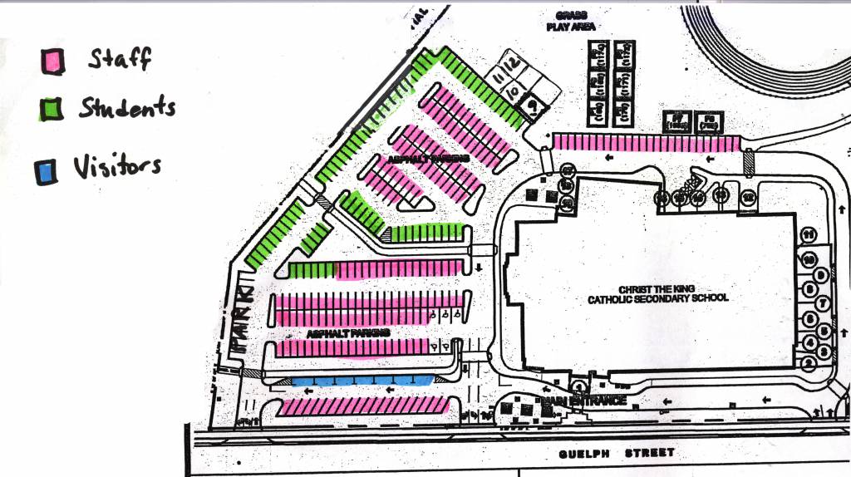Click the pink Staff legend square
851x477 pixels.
52,61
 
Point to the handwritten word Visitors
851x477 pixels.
116,166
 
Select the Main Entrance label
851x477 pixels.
582,401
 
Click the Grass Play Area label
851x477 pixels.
567,21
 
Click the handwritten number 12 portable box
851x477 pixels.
515,63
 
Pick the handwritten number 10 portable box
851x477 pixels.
514,91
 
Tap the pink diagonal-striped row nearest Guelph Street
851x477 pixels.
364,407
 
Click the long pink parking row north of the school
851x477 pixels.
646,143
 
